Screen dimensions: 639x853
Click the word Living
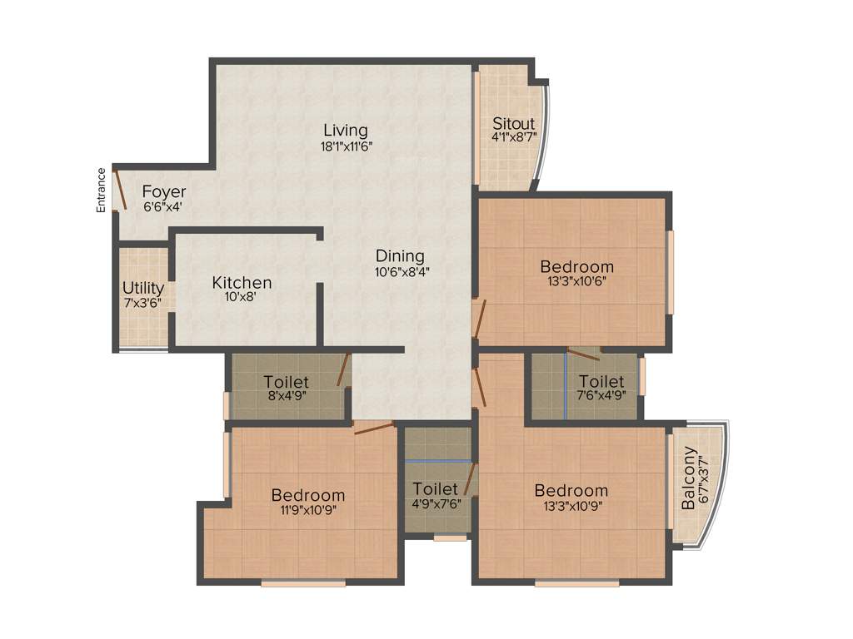coord(346,131)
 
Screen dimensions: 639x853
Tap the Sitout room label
coord(513,124)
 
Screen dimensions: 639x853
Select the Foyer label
coord(163,192)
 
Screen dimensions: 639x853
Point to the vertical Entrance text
coord(102,190)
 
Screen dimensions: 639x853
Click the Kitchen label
coord(242,283)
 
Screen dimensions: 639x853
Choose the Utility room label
coord(143,289)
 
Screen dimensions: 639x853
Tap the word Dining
coord(400,256)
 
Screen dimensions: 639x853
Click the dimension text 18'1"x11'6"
coord(346,146)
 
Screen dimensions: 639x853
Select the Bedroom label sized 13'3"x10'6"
coord(576,267)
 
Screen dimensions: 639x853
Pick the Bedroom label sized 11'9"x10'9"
coord(308,496)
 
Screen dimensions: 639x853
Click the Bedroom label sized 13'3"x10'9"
coord(571,490)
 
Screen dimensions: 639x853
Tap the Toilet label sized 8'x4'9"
coord(286,382)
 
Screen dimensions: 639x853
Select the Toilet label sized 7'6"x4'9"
coord(601,382)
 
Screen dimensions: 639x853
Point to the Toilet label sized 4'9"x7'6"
coord(436,488)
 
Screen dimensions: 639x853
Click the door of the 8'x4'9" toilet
coord(342,370)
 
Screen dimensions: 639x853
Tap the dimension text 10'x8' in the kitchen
coord(242,298)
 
